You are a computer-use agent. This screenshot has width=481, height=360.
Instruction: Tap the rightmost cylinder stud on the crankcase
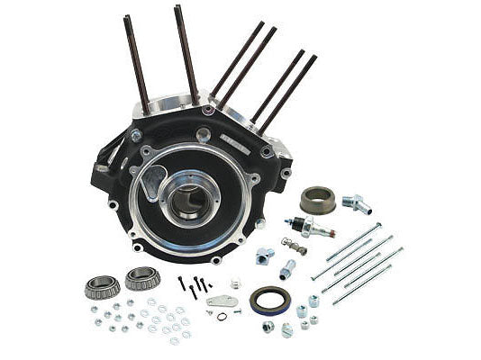pyautogui.click(x=290, y=86)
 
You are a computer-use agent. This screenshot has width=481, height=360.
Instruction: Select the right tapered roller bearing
pyautogui.click(x=141, y=278)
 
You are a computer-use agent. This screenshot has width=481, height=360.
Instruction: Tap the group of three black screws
pyautogui.click(x=194, y=286)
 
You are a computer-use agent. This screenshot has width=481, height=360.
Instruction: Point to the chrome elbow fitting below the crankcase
pyautogui.click(x=264, y=256)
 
